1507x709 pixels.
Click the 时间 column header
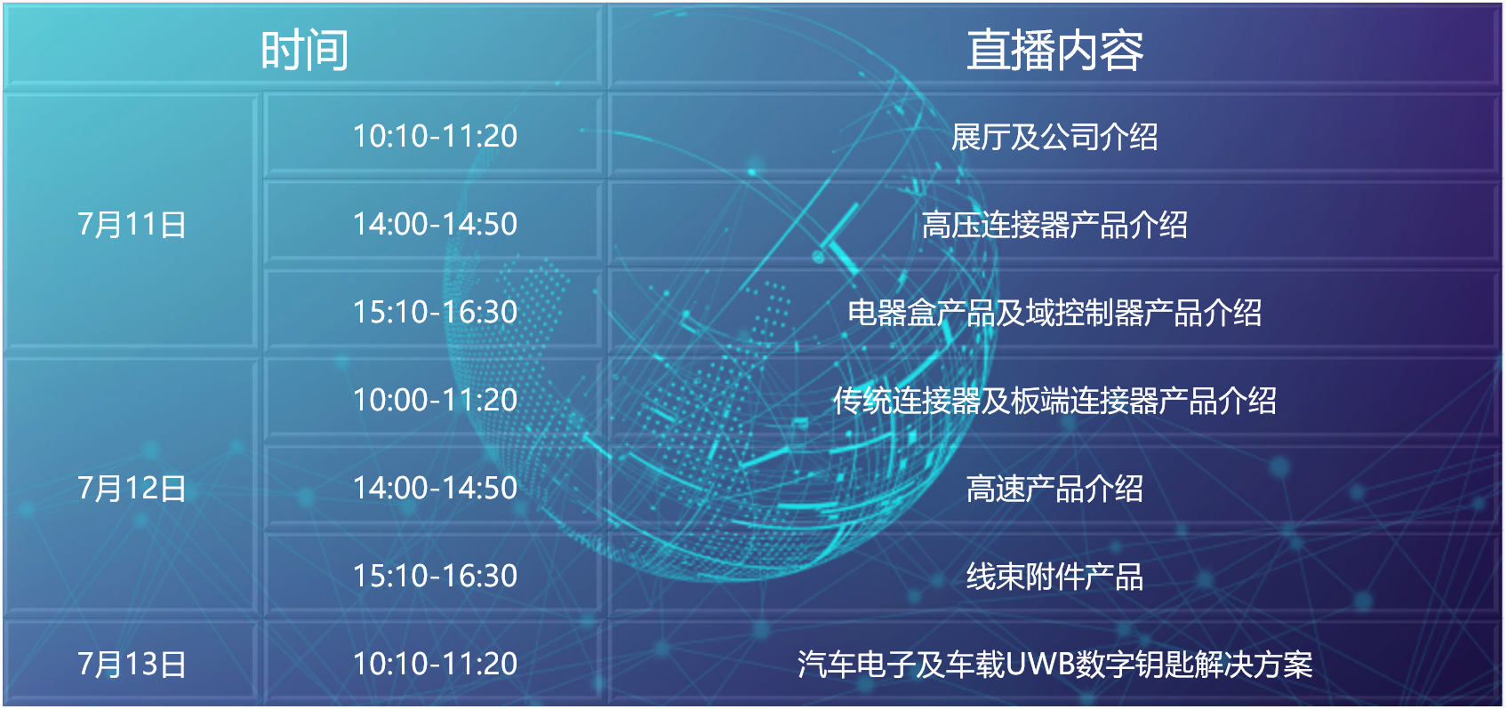[304, 50]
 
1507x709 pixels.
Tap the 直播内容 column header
[1054, 50]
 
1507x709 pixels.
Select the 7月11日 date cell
[132, 224]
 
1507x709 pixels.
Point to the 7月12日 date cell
[132, 488]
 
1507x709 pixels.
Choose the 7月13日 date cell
[132, 664]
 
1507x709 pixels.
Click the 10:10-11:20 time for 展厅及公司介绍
[435, 136]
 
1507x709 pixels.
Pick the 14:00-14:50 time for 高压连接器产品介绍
[435, 224]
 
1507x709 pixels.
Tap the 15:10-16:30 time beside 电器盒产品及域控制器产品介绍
[435, 312]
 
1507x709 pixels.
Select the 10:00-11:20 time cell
[435, 400]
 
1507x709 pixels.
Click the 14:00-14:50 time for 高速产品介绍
[435, 488]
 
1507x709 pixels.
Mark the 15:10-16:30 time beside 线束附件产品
[435, 576]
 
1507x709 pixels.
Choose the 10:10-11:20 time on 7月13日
[435, 664]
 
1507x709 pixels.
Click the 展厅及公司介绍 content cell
[1054, 137]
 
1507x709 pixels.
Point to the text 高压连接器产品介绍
[1054, 225]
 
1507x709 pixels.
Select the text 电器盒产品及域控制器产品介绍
[1054, 313]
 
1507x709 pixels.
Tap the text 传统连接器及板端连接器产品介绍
[1054, 401]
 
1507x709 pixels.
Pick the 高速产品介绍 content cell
[1054, 489]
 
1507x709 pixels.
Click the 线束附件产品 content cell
[1054, 577]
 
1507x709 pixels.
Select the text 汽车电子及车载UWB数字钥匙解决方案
[1054, 665]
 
